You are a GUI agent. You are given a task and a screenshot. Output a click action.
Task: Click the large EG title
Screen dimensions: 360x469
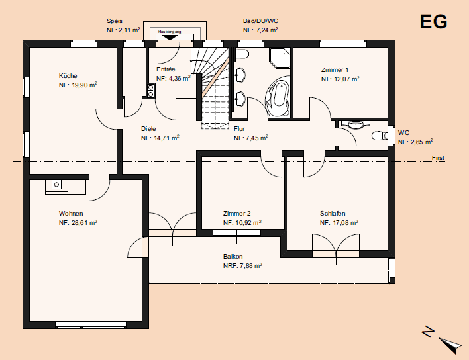(434, 22)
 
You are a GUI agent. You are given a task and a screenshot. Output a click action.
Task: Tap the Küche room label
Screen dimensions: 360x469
(68, 76)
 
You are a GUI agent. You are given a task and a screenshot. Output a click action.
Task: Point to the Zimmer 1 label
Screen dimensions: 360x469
(335, 69)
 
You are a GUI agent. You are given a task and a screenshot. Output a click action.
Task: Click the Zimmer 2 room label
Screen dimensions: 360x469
(237, 214)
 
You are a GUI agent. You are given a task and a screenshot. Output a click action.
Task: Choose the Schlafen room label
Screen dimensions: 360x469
(333, 214)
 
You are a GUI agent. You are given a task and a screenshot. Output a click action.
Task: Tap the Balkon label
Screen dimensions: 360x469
(233, 257)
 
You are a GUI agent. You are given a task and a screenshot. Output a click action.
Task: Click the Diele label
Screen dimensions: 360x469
(148, 130)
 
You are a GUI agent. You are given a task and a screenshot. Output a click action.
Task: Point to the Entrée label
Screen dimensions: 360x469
(166, 69)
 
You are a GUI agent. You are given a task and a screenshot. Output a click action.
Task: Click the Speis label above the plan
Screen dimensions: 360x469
(115, 21)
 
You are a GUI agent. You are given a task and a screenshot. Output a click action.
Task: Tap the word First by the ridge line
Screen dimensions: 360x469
(438, 158)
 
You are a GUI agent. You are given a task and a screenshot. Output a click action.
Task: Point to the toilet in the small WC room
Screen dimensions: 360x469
(379, 136)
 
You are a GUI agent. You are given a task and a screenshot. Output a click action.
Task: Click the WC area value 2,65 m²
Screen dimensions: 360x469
(415, 142)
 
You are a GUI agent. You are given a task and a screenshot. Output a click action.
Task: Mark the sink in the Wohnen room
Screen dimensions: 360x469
(57, 185)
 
